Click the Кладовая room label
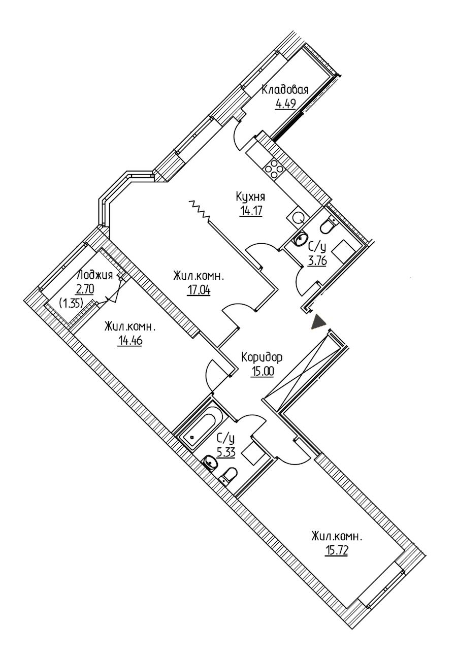[x=285, y=90]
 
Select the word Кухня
[x=250, y=197]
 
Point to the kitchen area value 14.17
[x=250, y=211]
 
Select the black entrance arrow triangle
[x=318, y=322]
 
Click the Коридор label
[x=262, y=357]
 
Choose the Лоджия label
[x=94, y=275]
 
